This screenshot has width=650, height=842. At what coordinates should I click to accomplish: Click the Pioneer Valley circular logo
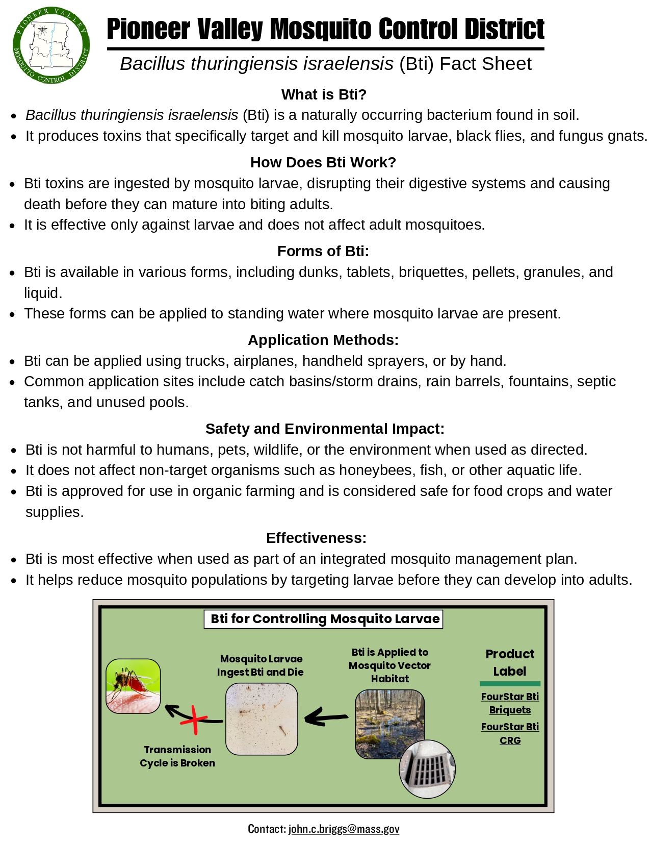(x=51, y=45)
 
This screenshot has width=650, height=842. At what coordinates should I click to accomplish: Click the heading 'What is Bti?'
(x=324, y=94)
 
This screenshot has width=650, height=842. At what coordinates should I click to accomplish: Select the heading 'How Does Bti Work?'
(x=323, y=162)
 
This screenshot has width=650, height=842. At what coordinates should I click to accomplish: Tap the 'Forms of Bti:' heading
(x=323, y=251)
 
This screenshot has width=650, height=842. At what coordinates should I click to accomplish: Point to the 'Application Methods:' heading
(x=323, y=340)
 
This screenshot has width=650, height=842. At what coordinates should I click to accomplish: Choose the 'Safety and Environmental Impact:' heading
(x=325, y=429)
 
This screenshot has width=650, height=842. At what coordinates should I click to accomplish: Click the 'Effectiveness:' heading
(x=316, y=538)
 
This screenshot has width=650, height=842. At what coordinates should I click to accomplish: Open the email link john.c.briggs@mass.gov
(x=344, y=829)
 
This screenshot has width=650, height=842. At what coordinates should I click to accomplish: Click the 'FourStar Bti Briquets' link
(x=510, y=703)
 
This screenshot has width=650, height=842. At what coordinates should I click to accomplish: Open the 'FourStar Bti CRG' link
(x=510, y=733)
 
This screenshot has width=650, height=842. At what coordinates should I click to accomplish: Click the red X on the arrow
(x=194, y=720)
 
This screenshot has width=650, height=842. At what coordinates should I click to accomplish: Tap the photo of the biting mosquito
(x=133, y=686)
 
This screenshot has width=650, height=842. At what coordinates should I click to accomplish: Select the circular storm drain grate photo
(x=427, y=769)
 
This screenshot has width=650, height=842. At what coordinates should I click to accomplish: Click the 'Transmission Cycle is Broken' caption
(x=177, y=756)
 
